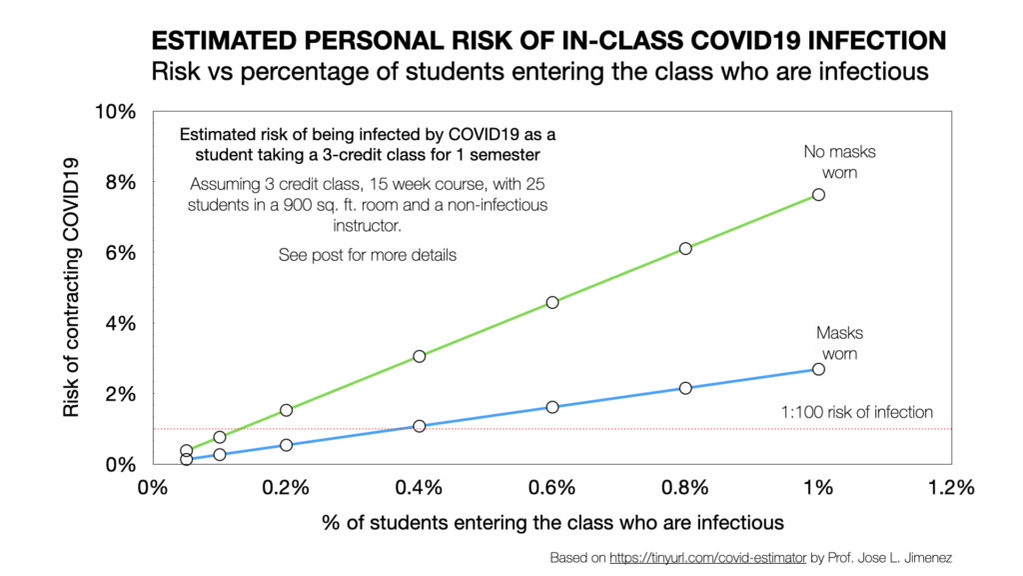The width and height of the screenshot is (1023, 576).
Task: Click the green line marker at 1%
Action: [818, 194]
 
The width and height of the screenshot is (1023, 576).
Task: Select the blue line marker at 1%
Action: [818, 369]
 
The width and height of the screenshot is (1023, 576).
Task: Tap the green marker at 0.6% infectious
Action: [552, 302]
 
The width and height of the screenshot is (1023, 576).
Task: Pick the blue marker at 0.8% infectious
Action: [685, 388]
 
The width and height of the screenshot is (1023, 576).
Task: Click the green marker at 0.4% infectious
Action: [420, 356]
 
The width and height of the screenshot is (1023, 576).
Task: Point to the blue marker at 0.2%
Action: [287, 445]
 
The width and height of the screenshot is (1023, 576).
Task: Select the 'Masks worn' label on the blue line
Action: [840, 343]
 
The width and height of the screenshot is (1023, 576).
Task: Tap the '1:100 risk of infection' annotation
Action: [856, 412]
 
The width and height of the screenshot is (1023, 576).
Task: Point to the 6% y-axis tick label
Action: [120, 253]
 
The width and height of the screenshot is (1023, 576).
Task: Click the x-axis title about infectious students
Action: [552, 522]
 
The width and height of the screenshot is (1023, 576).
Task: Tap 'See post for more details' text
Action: [367, 255]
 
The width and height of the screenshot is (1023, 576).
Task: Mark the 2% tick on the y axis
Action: [120, 394]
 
